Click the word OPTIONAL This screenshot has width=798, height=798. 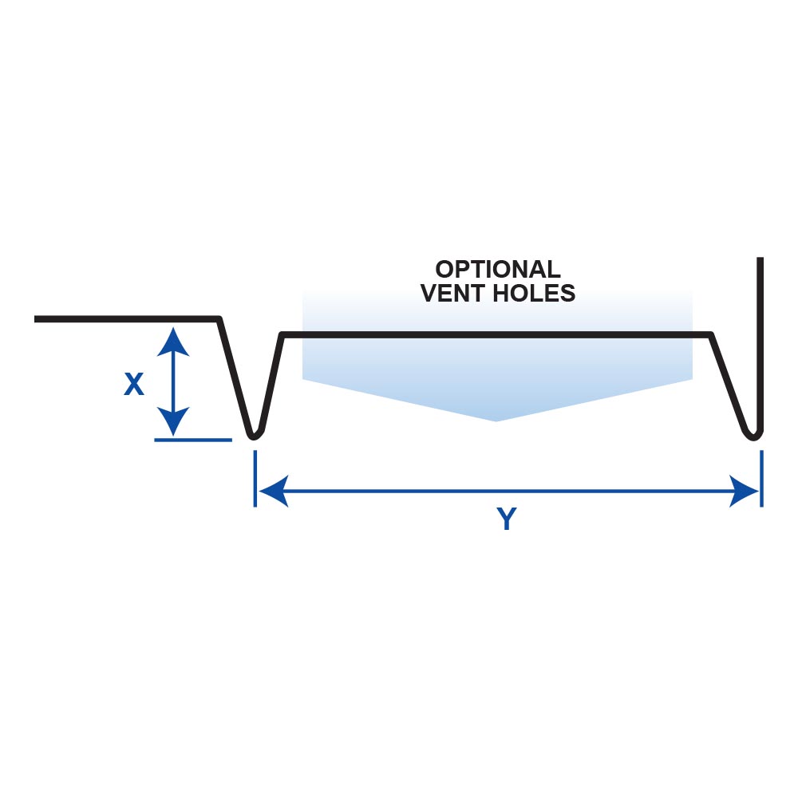497,270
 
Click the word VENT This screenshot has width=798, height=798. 452,294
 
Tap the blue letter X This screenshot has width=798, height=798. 134,385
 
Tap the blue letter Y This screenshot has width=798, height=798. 507,520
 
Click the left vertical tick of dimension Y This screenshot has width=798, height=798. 255,479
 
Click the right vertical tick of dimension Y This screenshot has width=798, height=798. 761,479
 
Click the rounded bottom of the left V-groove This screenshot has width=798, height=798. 254,435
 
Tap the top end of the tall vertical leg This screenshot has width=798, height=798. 760,260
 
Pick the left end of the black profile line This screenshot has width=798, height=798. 37,319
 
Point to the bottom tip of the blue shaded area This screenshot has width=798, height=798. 496,420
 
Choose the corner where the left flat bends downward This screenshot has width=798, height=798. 219,319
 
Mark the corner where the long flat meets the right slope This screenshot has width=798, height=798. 710,334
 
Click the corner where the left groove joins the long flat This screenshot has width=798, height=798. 282,334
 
